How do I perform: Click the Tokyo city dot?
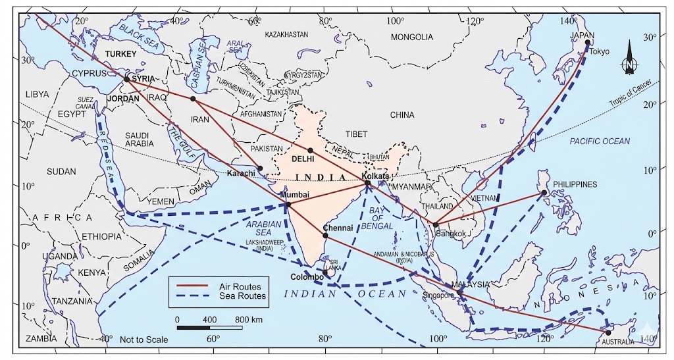588,43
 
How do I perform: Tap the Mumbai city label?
294,195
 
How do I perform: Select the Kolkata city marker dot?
368,184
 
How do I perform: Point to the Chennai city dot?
325,235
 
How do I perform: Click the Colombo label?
307,277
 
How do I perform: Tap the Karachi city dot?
260,168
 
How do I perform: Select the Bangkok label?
450,233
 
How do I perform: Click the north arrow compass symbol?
629,58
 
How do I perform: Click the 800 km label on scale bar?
248,319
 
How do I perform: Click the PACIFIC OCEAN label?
600,141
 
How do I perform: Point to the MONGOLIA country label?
412,37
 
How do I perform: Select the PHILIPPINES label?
575,184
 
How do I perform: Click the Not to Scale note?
143,340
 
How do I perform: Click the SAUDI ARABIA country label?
139,139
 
